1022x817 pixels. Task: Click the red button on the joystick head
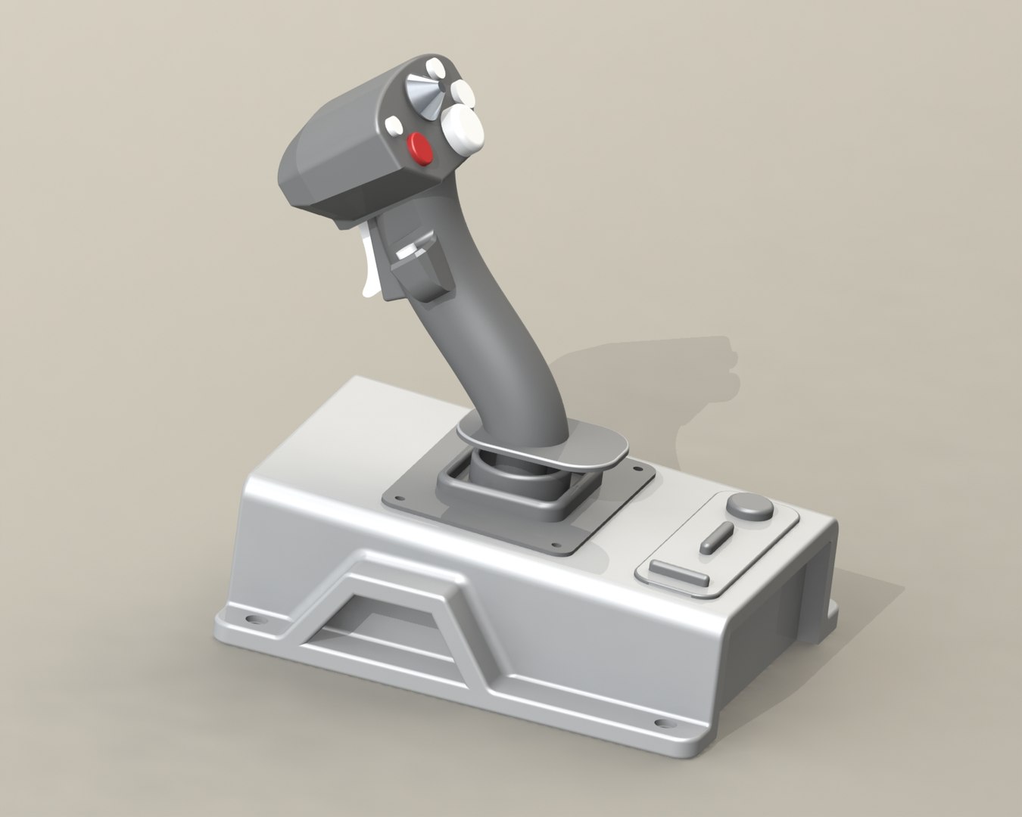tap(420, 148)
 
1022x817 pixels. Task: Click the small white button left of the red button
tap(394, 126)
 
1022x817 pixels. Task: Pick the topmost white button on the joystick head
tap(435, 67)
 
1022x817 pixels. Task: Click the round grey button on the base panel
tap(749, 506)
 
